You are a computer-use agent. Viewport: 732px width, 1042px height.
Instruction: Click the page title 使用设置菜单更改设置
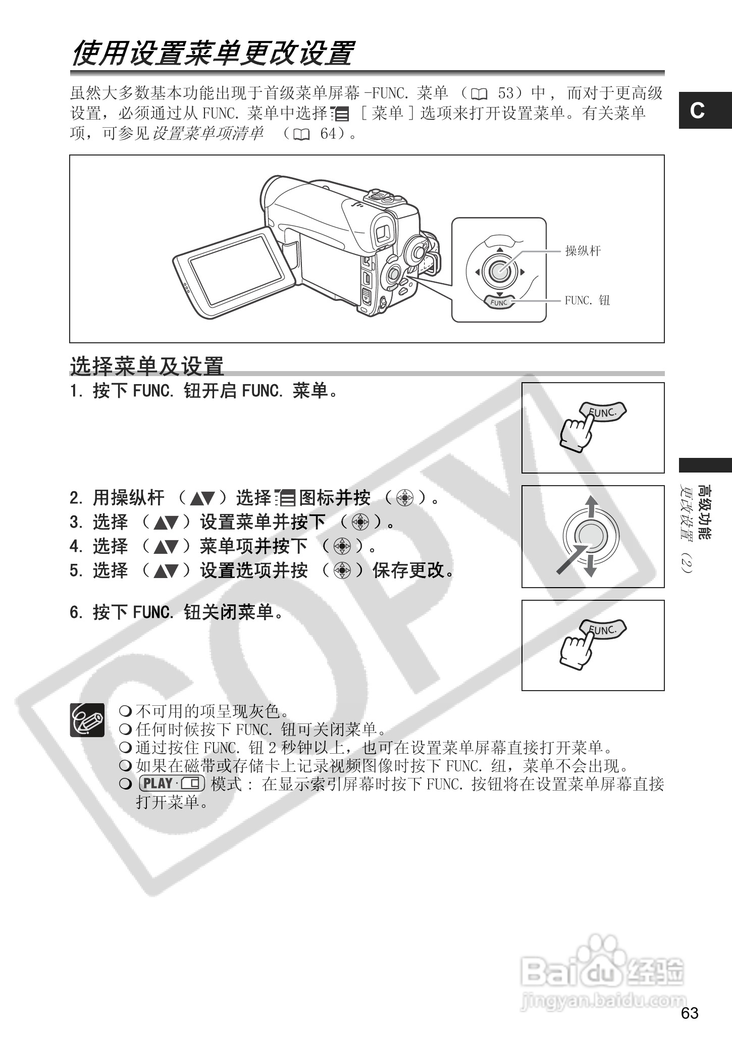click(x=213, y=54)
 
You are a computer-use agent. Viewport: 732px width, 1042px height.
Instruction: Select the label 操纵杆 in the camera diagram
click(x=583, y=251)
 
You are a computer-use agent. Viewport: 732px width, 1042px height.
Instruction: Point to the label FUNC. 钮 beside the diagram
click(x=587, y=300)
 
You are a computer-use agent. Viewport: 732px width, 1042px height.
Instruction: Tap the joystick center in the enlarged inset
click(x=498, y=272)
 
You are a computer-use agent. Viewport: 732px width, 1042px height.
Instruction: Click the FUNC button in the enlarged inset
click(x=498, y=302)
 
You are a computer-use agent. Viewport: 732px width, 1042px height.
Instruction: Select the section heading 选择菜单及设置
click(x=146, y=366)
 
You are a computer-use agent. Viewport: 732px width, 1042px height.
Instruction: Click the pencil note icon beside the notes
click(x=87, y=720)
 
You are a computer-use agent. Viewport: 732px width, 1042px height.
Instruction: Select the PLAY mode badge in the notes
click(x=171, y=784)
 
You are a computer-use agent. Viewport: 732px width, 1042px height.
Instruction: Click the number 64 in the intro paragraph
click(x=328, y=134)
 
